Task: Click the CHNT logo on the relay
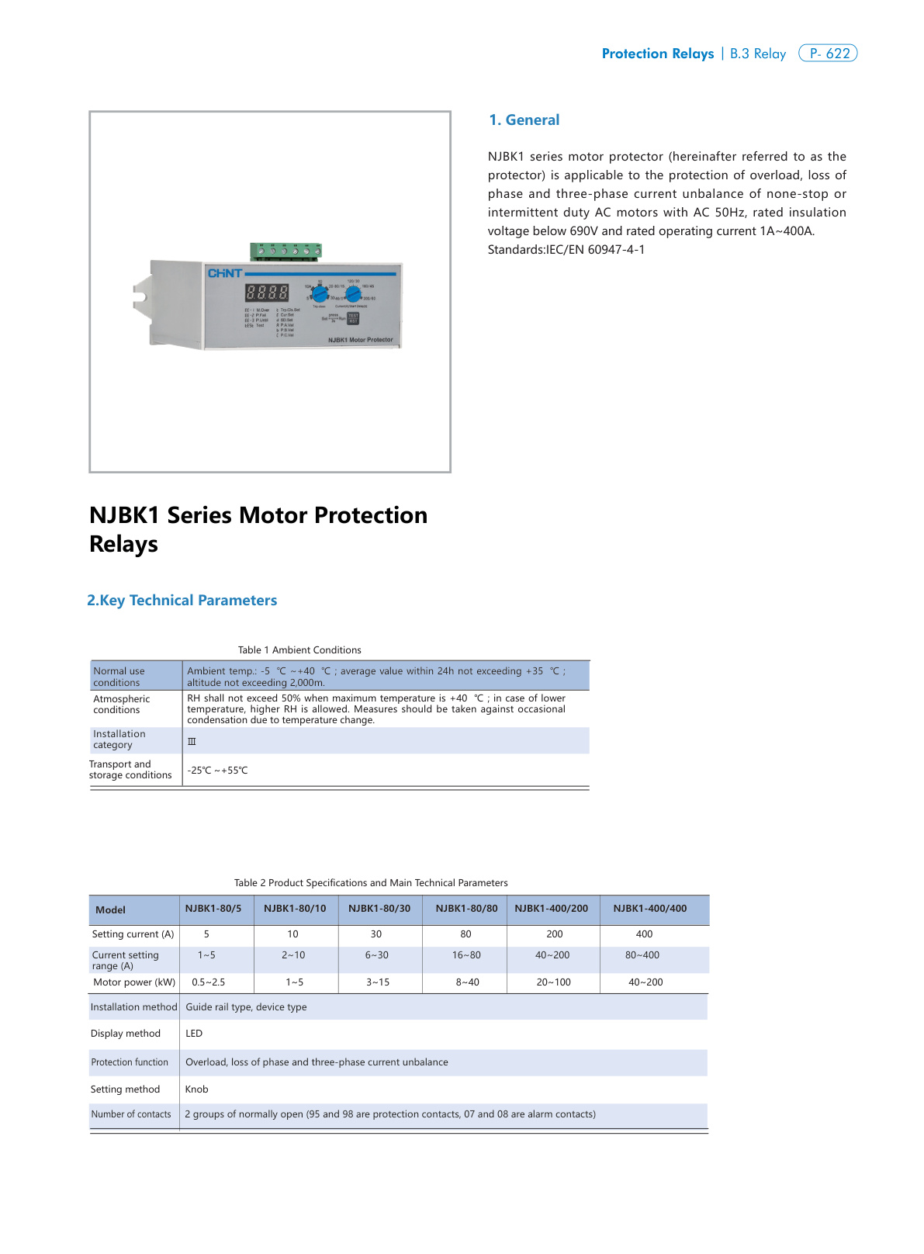pos(224,273)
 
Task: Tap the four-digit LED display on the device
pos(267,293)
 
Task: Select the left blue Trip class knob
pos(320,294)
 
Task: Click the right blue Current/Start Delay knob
pos(353,293)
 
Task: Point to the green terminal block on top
pos(286,251)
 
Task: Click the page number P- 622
pos(828,54)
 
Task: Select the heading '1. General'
pos(524,120)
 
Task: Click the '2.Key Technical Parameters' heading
pos(182,601)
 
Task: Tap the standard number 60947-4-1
pos(615,250)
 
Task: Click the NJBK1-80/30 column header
pos(379,909)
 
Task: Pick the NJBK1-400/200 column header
pos(552,909)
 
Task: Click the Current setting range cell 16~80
pos(466,955)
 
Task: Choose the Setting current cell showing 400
pos(644,934)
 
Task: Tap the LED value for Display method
pos(194,1034)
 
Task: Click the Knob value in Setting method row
pos(197,1089)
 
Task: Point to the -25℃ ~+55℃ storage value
pos(218,771)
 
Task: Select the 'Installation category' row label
pos(119,740)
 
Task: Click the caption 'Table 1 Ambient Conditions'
pos(299,650)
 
